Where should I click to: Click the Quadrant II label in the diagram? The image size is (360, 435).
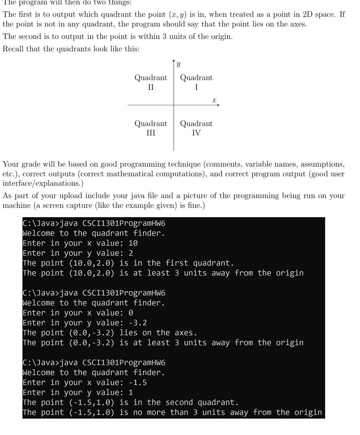tap(151, 82)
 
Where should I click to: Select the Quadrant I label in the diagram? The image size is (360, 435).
tap(196, 82)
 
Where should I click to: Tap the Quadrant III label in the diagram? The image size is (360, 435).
tap(151, 128)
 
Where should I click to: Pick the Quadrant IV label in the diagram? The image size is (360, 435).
tap(196, 128)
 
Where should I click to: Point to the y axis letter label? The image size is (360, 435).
tap(178, 64)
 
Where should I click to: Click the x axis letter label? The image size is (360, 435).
tap(214, 100)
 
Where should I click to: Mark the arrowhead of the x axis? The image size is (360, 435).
tap(218, 105)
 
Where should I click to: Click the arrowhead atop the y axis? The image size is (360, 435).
tap(174, 61)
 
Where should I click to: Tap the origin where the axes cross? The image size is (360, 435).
tap(174, 105)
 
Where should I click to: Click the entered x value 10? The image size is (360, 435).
tap(133, 243)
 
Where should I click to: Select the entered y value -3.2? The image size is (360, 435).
tap(138, 323)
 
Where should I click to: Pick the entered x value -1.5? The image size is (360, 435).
tap(138, 383)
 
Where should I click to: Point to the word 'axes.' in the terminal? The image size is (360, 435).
tap(186, 333)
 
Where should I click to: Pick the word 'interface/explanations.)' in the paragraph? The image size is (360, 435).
tap(43, 183)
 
